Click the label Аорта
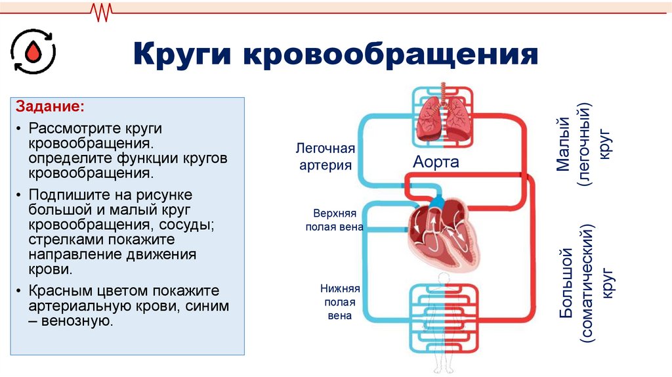coord(436,162)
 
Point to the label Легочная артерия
coord(326,157)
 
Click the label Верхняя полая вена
coord(334,221)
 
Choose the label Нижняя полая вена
coord(339,301)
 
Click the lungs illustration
coord(442,119)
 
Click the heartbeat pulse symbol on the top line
coord(102,11)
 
